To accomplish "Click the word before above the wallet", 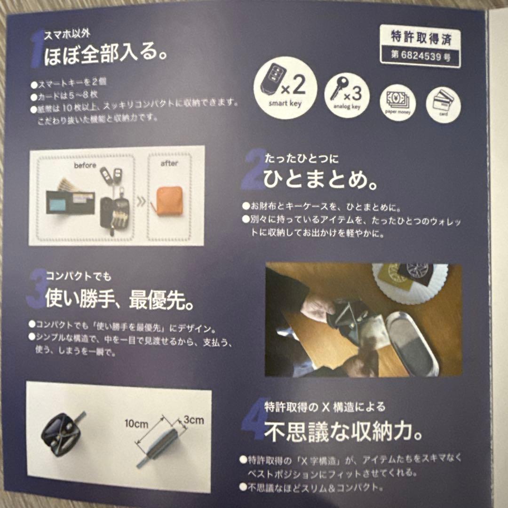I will point(85,166).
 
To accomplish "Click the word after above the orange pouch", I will point(169,164).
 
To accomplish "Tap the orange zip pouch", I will point(169,200).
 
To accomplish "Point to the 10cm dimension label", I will point(136,424).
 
